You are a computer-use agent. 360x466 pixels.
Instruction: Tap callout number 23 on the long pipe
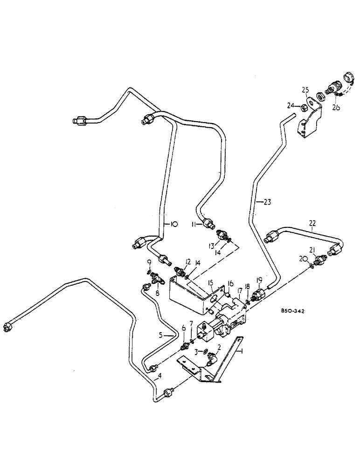[x=267, y=202]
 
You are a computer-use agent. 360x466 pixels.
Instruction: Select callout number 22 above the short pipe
[x=312, y=223]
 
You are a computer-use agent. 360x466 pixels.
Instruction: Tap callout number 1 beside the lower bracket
[x=241, y=352]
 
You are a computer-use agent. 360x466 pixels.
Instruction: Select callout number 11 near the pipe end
[x=194, y=225]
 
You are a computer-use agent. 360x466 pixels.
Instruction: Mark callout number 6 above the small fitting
[x=183, y=328]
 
